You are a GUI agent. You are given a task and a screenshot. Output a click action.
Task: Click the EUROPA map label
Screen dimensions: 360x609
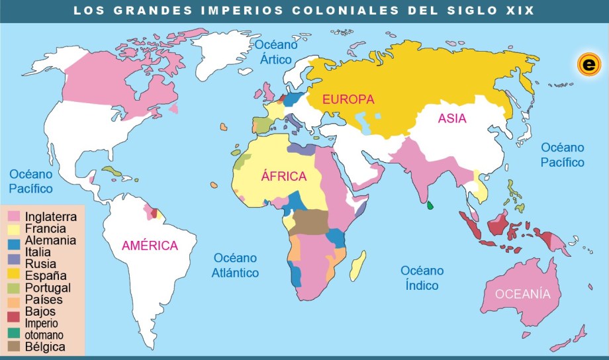[x=348, y=99]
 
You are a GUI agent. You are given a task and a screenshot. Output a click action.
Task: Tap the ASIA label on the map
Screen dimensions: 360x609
[x=452, y=119]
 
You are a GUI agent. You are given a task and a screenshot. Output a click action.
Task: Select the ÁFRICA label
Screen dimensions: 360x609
[x=284, y=177]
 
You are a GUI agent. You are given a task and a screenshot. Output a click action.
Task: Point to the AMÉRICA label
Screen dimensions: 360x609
[x=150, y=246]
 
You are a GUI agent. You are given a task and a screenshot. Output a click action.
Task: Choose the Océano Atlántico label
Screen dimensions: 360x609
[x=236, y=265]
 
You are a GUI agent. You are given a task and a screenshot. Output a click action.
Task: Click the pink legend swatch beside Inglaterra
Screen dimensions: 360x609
[x=13, y=216]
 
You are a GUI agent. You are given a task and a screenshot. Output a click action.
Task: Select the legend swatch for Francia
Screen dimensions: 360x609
[x=13, y=228]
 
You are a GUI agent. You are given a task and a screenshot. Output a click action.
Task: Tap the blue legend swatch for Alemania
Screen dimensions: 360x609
[x=13, y=240]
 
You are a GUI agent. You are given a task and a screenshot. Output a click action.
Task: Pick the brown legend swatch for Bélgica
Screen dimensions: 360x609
[x=13, y=346]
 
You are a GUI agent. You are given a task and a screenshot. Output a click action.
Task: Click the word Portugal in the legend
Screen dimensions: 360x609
[x=48, y=288]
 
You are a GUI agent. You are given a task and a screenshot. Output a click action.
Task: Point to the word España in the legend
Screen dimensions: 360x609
[x=46, y=276]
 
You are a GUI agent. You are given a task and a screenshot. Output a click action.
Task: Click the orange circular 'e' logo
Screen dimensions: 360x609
[x=587, y=64]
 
